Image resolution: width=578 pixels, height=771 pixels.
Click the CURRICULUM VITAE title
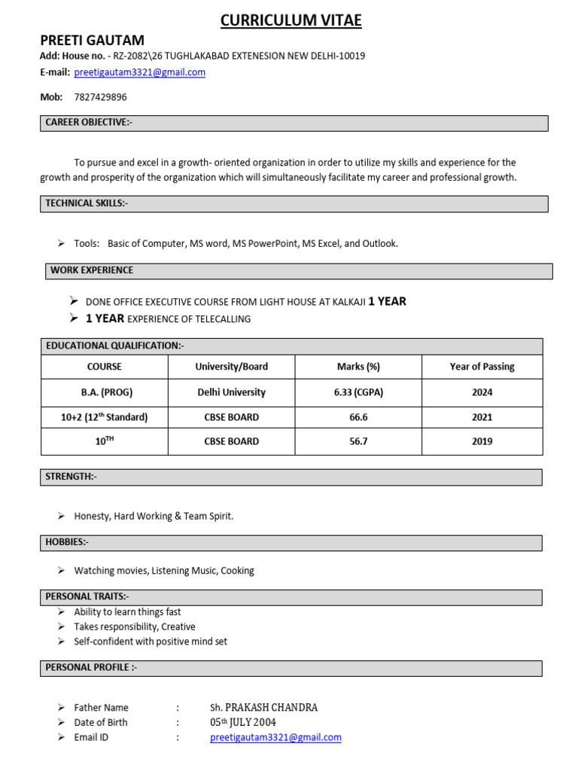[291, 21]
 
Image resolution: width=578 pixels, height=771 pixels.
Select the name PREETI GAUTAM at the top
[92, 41]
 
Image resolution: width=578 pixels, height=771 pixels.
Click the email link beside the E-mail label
[139, 72]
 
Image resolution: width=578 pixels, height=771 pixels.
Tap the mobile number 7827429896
[100, 97]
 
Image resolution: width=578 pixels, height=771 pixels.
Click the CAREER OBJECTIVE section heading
[89, 123]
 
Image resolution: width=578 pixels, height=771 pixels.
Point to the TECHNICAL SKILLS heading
[87, 203]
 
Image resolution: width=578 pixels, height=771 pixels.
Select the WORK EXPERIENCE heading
[92, 270]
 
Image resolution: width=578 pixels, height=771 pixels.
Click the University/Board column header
[231, 367]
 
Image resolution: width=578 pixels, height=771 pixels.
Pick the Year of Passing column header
[482, 367]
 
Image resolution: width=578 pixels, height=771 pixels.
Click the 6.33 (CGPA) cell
[357, 392]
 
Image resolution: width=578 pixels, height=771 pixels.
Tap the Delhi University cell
[231, 392]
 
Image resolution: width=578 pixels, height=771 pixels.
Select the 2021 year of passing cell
[482, 417]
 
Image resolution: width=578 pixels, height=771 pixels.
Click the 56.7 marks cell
[357, 441]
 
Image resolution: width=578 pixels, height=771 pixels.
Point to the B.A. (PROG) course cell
[105, 392]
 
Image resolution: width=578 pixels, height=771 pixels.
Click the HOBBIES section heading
[67, 542]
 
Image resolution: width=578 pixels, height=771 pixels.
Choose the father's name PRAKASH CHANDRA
[263, 708]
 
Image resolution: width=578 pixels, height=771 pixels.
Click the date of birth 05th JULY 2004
[242, 723]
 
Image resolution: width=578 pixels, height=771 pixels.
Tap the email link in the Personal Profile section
[275, 738]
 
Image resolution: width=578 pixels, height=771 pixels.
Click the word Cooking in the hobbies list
[237, 571]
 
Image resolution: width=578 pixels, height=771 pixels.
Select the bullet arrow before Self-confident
[61, 641]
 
